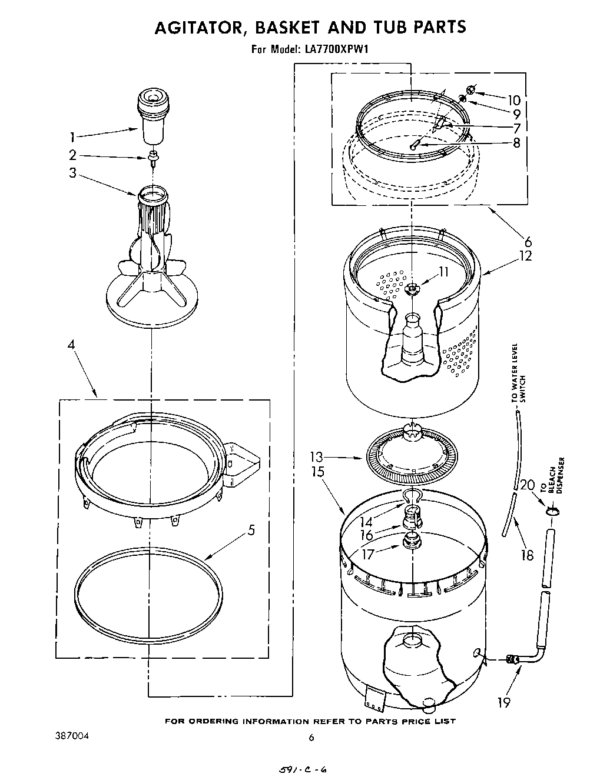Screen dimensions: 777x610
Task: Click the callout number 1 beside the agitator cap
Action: tap(72, 138)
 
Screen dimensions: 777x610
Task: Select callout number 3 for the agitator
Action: tap(72, 174)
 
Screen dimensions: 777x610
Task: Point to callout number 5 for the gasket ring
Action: tap(251, 530)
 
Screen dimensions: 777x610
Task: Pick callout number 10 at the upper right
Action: tap(514, 99)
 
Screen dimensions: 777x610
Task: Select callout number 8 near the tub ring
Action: tap(516, 142)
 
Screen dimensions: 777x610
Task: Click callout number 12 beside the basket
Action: tap(525, 256)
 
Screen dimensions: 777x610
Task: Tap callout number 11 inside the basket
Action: tap(443, 272)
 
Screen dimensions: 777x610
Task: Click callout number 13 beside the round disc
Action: tap(316, 457)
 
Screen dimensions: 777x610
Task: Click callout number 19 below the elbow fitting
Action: tap(503, 702)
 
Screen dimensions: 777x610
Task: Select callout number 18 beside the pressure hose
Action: tap(527, 554)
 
